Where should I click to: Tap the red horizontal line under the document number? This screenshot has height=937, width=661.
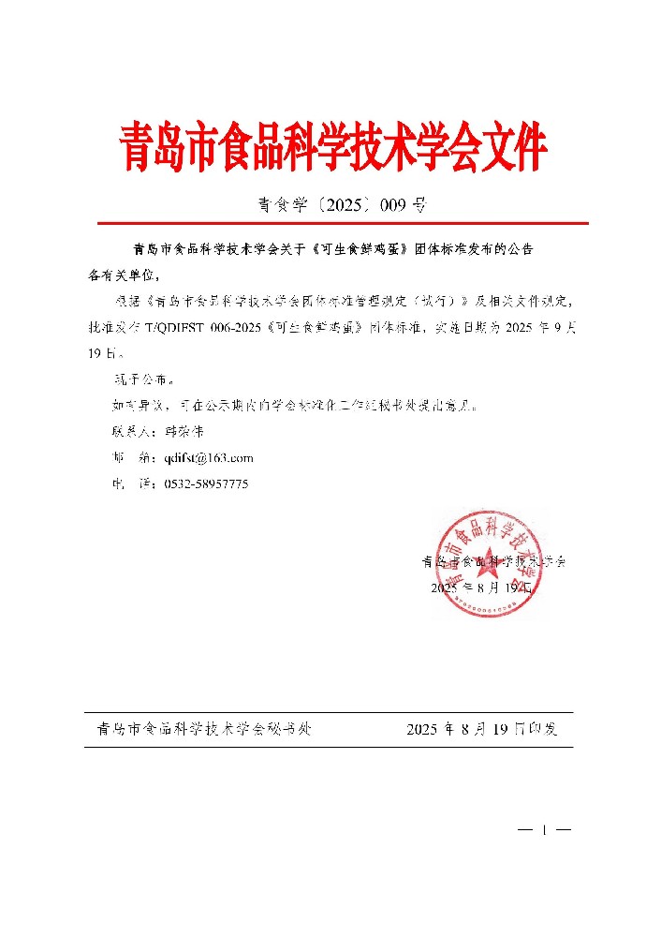point(343,224)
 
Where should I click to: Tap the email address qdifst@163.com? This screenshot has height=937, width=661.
point(209,458)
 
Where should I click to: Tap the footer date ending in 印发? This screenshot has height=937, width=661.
point(482,729)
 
